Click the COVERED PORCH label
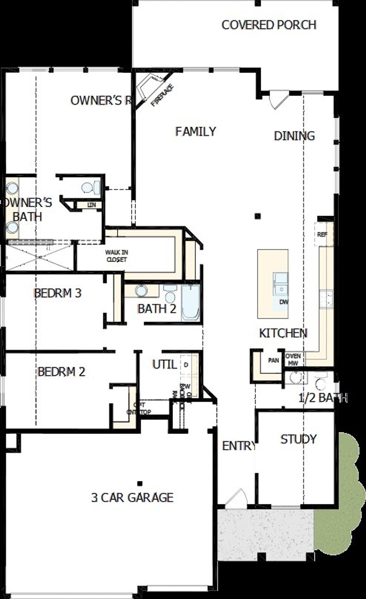269,25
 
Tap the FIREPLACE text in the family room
162,95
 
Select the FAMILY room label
196,132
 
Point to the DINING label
294,136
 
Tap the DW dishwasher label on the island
284,302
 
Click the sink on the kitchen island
281,283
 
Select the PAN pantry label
273,360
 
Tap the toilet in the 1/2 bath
320,382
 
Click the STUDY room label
298,439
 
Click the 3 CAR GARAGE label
132,498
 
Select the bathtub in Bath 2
190,303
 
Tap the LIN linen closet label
91,205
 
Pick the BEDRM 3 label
57,293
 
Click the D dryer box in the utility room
186,365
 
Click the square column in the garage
140,484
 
